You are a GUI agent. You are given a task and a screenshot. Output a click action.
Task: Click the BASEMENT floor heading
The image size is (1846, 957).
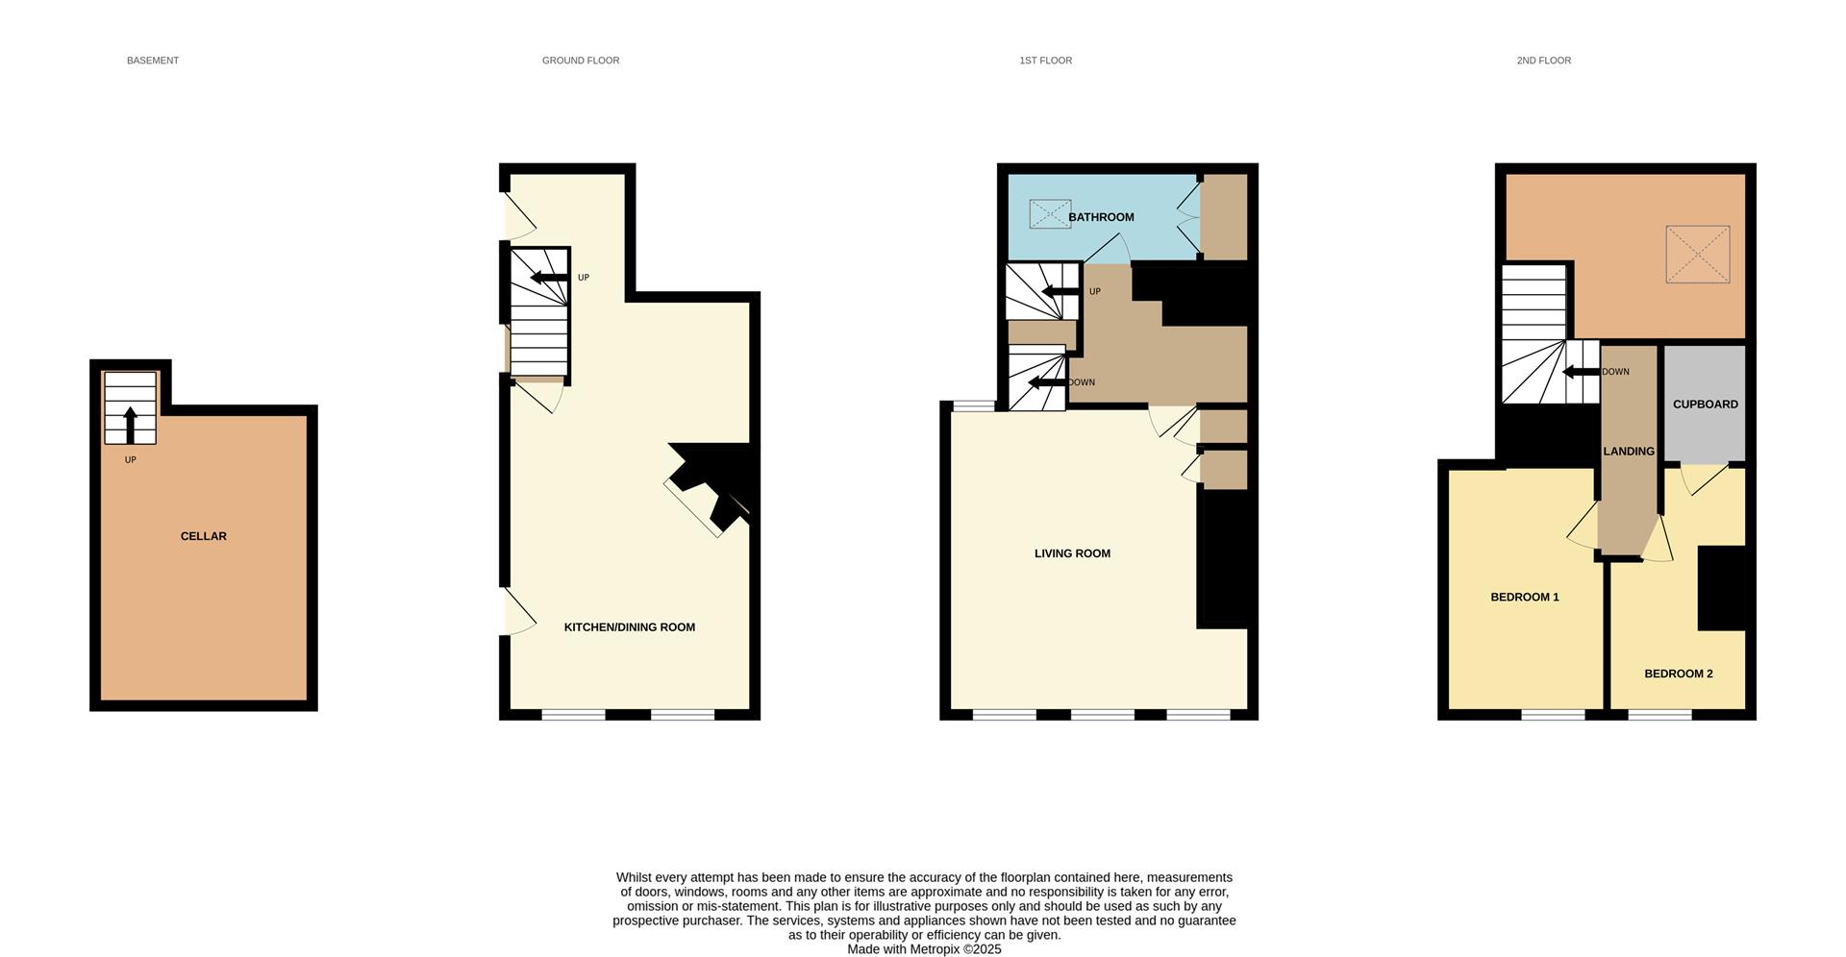click(153, 61)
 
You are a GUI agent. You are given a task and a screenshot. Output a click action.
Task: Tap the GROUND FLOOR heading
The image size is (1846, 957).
click(581, 61)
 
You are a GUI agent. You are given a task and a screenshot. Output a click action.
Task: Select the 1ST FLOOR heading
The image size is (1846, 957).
click(1045, 61)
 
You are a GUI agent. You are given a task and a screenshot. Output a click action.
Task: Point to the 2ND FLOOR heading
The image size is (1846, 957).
click(1543, 61)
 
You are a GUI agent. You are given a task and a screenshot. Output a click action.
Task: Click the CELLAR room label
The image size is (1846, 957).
click(204, 536)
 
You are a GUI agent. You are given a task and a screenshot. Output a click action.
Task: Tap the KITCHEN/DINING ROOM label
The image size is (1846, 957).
click(629, 627)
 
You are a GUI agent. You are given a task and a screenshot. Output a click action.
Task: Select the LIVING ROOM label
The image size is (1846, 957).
click(1072, 553)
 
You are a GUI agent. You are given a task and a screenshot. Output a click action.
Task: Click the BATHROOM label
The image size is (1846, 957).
click(1101, 217)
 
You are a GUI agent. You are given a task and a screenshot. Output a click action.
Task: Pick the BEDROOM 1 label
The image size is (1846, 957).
click(1524, 597)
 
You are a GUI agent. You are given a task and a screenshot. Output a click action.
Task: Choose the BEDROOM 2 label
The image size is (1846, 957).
click(1678, 674)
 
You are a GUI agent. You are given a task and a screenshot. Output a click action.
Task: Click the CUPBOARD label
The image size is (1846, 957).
click(1705, 405)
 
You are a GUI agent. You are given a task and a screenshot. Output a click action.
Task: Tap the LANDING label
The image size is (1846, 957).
click(1628, 452)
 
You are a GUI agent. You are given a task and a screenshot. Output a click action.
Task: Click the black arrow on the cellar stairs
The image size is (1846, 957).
click(131, 425)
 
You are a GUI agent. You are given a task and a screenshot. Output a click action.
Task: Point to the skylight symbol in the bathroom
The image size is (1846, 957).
click(1050, 213)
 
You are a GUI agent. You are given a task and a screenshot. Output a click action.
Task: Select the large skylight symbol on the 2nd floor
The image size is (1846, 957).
click(1697, 255)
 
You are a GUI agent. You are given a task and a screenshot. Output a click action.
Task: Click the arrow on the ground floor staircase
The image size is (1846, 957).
click(548, 278)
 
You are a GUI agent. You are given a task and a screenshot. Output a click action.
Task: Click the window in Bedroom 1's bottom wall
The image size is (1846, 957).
click(1552, 714)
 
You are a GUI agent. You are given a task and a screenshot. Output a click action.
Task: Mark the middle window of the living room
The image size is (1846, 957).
click(1102, 714)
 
